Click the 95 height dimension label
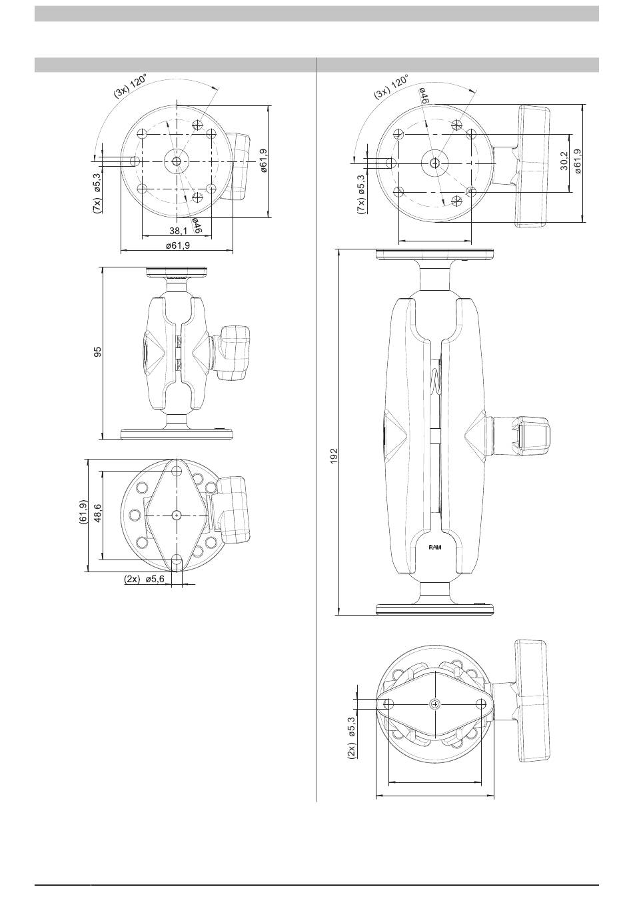97,352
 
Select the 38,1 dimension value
178,231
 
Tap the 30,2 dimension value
564,161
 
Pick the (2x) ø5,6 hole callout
144,579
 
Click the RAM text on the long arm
436,548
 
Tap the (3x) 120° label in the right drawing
391,87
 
